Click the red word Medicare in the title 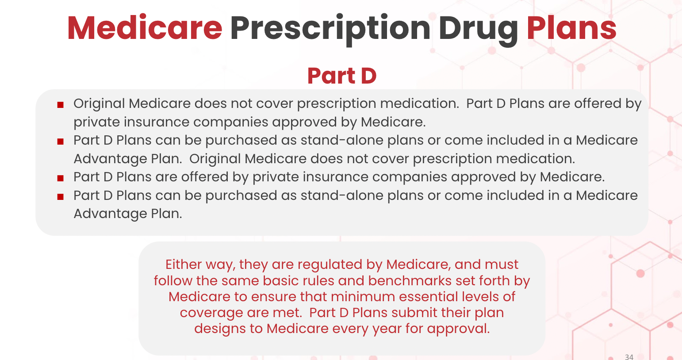145,28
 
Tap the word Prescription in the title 330,28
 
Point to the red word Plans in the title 571,28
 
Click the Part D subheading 341,76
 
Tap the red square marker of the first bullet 61,105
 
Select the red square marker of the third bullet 61,178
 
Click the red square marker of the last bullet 61,197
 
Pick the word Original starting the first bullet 99,103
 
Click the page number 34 629,356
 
